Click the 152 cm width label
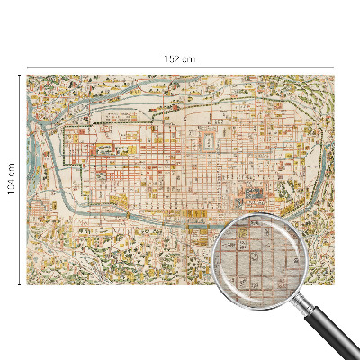click(x=180, y=59)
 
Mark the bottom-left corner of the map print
click(x=28, y=283)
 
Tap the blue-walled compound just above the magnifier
click(x=249, y=194)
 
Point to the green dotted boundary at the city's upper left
click(x=67, y=121)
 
